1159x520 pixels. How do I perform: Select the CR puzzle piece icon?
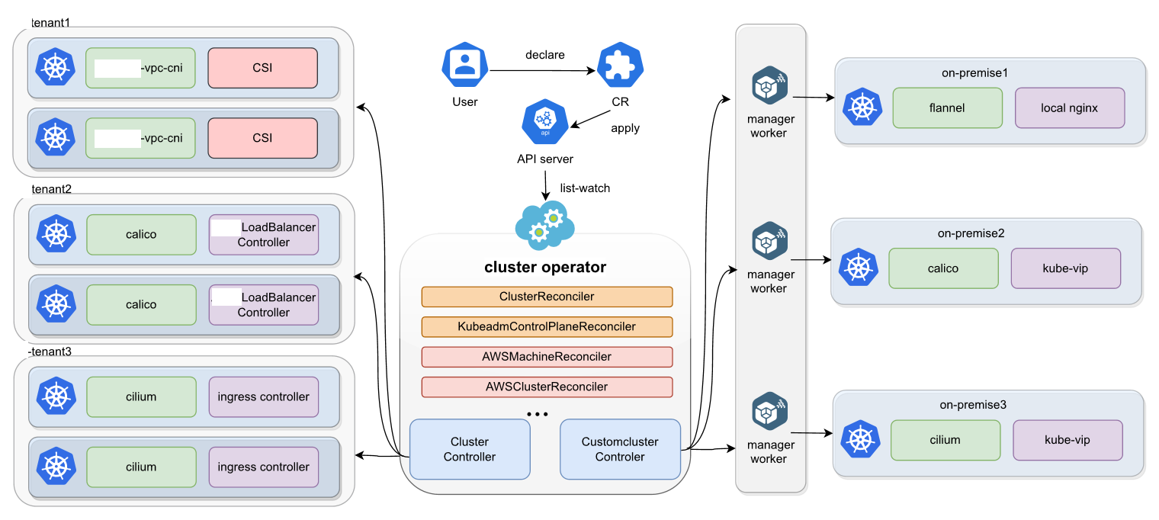pyautogui.click(x=620, y=66)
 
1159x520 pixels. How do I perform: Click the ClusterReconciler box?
pyautogui.click(x=547, y=297)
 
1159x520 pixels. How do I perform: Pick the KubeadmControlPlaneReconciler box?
pyautogui.click(x=547, y=326)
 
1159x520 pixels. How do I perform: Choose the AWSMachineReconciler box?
pyautogui.click(x=547, y=357)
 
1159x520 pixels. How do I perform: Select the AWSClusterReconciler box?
pyautogui.click(x=547, y=387)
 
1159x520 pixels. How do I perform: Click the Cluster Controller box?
pyautogui.click(x=470, y=449)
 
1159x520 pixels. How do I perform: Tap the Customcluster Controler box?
pyautogui.click(x=620, y=449)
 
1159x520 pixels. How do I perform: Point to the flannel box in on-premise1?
pyautogui.click(x=947, y=108)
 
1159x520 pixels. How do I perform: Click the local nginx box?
pyautogui.click(x=1069, y=108)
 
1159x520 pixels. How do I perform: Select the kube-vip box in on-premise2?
pyautogui.click(x=1065, y=268)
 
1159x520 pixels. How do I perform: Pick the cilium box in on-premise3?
pyautogui.click(x=945, y=439)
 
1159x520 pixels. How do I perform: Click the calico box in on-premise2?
pyautogui.click(x=943, y=268)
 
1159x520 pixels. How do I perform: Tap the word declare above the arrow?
pyautogui.click(x=545, y=55)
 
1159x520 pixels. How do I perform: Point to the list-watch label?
pyautogui.click(x=585, y=188)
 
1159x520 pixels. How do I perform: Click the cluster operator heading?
pyautogui.click(x=545, y=267)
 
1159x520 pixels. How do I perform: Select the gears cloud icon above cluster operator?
pyautogui.click(x=544, y=223)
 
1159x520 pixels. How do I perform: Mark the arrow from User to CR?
pyautogui.click(x=542, y=71)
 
